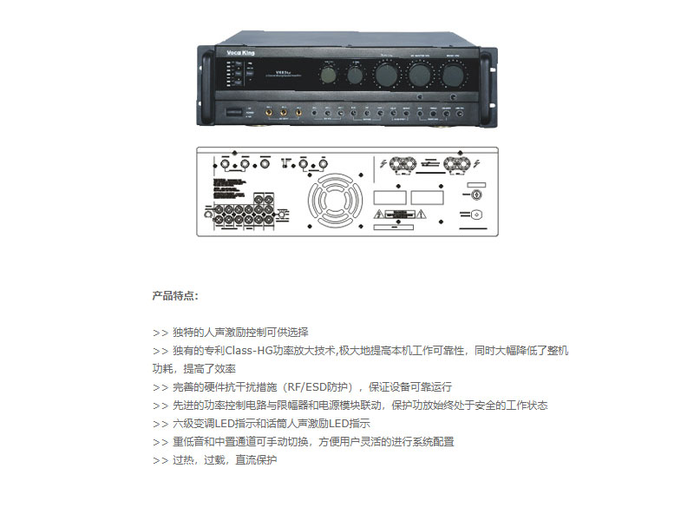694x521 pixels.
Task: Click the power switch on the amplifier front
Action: pos(235,113)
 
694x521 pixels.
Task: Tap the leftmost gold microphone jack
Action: pos(269,113)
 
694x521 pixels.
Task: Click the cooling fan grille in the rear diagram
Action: pos(329,201)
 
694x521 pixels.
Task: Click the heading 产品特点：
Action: pos(175,296)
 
